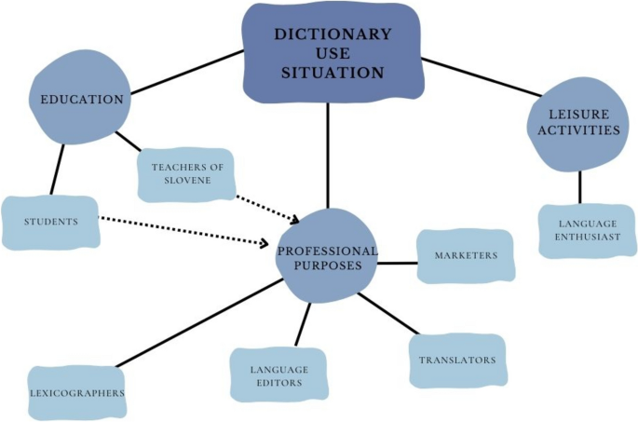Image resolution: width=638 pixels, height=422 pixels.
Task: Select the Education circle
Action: (81, 100)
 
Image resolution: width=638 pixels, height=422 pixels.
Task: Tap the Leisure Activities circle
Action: (575, 123)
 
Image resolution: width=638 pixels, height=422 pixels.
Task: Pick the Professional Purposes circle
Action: (326, 257)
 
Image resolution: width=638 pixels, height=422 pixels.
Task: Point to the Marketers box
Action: (465, 255)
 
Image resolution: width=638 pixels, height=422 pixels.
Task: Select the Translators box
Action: (456, 361)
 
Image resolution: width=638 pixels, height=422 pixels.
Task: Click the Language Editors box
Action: (278, 375)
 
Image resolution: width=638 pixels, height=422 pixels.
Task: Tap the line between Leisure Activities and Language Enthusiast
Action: (579, 187)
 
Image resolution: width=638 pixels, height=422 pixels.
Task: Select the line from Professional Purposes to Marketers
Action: (397, 263)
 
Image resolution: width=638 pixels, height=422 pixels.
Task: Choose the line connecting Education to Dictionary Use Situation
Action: (186, 74)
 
